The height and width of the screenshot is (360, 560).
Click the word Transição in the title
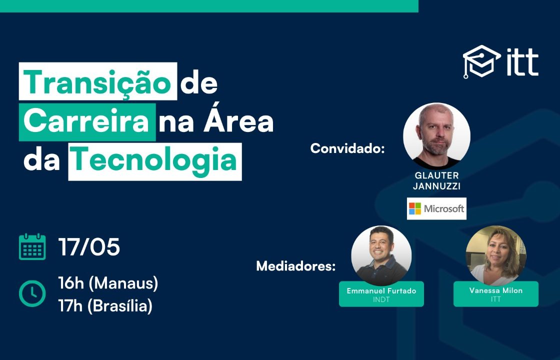pyautogui.click(x=97, y=82)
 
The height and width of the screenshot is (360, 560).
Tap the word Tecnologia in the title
pyautogui.click(x=154, y=161)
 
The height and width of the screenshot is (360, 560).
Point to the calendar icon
pyautogui.click(x=32, y=246)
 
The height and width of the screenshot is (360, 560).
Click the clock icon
pyautogui.click(x=32, y=293)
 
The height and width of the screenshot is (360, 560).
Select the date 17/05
pyautogui.click(x=89, y=247)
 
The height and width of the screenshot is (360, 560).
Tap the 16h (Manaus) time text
pyautogui.click(x=108, y=283)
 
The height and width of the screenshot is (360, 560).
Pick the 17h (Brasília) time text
pyautogui.click(x=105, y=306)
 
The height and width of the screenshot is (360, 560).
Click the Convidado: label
pyautogui.click(x=347, y=148)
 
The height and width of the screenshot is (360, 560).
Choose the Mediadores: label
pyautogui.click(x=296, y=266)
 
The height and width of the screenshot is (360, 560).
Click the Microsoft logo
pyautogui.click(x=436, y=208)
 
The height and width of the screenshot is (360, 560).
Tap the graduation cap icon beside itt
pyautogui.click(x=481, y=61)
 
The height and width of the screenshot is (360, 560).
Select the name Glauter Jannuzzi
pyautogui.click(x=437, y=180)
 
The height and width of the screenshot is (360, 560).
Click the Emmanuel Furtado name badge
pyautogui.click(x=381, y=294)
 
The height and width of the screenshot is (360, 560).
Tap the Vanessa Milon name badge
pyautogui.click(x=496, y=294)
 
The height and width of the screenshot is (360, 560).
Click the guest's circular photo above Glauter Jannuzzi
pyautogui.click(x=437, y=136)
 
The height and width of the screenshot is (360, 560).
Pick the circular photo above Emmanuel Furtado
pyautogui.click(x=381, y=255)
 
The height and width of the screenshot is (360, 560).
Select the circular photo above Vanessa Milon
pyautogui.click(x=496, y=255)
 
